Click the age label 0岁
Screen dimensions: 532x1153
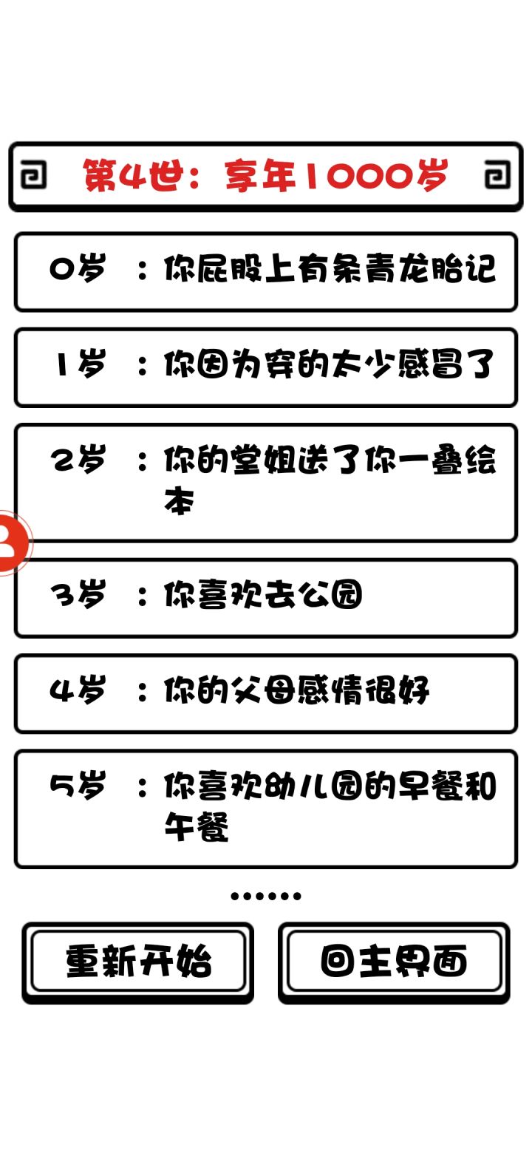pyautogui.click(x=78, y=269)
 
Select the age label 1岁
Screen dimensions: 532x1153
pyautogui.click(x=81, y=364)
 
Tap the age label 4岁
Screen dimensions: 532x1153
pyautogui.click(x=78, y=690)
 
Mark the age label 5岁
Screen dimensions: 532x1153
pyautogui.click(x=78, y=786)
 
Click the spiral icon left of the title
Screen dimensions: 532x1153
pyautogui.click(x=33, y=174)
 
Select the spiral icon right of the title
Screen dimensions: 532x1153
pyautogui.click(x=497, y=174)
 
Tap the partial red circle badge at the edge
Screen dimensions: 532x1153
pyautogui.click(x=13, y=542)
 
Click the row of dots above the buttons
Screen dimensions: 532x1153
pyautogui.click(x=265, y=896)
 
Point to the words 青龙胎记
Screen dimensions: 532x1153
pyautogui.click(x=432, y=269)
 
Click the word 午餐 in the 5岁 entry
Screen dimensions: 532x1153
pyautogui.click(x=197, y=826)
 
